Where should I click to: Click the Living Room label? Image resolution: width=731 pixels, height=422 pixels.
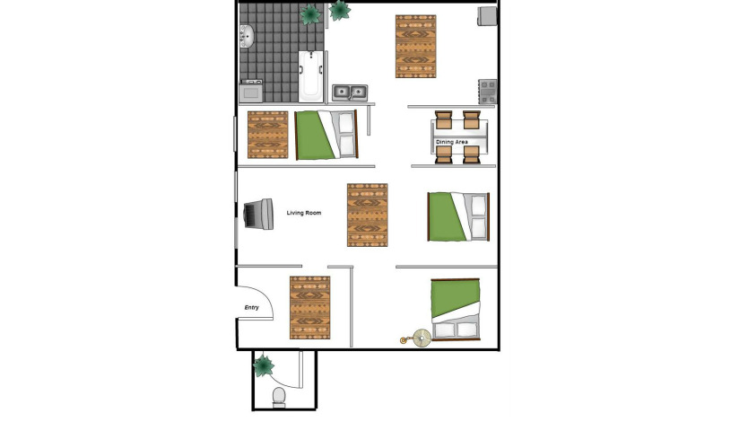(x=304, y=213)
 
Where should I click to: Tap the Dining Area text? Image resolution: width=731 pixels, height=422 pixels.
(x=452, y=142)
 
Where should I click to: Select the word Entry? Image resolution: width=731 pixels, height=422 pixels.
(x=251, y=308)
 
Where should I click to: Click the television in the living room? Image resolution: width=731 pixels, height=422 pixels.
(x=258, y=215)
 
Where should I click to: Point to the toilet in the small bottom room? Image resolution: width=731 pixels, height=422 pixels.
(x=279, y=396)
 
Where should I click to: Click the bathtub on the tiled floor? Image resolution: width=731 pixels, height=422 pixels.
(x=311, y=76)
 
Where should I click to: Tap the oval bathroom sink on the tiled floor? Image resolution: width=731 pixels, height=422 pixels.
(x=246, y=37)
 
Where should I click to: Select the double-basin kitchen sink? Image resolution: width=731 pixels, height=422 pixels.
(x=350, y=92)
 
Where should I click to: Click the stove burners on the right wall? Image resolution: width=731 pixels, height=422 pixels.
(x=488, y=92)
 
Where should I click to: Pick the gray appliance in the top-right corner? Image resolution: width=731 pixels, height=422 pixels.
(x=487, y=16)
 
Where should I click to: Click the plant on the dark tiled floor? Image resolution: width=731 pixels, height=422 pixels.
(x=310, y=14)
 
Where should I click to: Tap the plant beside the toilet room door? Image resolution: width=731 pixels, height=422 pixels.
(x=264, y=365)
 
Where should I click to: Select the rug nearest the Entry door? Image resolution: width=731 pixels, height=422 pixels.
(x=310, y=308)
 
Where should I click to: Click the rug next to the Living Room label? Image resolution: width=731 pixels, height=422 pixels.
(x=368, y=215)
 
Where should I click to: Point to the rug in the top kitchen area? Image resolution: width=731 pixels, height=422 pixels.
(x=416, y=46)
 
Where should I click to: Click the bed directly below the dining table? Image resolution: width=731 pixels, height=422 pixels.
(x=458, y=216)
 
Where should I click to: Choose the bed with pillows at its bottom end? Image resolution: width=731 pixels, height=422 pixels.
(x=456, y=310)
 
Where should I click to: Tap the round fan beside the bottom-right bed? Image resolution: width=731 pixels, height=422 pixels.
(x=422, y=338)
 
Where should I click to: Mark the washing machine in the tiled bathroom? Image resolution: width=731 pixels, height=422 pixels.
(x=251, y=91)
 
